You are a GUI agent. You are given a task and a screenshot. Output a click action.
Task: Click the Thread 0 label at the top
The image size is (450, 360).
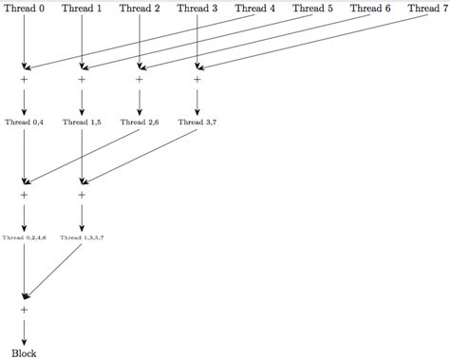point(24,9)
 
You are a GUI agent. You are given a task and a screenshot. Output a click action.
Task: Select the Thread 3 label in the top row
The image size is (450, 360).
point(197,9)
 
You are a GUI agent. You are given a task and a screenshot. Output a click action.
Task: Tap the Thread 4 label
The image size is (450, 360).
point(255,9)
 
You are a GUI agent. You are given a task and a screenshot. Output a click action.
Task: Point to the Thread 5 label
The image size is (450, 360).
point(313,9)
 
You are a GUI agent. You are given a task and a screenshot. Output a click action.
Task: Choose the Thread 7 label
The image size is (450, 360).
point(428,9)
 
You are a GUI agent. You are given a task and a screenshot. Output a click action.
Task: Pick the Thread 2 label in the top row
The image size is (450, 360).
point(140,9)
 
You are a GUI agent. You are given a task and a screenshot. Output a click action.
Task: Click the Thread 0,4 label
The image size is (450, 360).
point(24,123)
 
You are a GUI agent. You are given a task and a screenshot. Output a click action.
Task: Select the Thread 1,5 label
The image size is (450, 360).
point(82,123)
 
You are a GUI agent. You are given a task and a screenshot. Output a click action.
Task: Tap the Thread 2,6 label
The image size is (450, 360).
point(140,123)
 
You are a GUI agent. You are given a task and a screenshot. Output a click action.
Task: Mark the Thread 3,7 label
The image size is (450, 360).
point(197,123)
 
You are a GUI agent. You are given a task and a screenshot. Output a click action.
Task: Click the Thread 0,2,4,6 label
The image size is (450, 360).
point(24,237)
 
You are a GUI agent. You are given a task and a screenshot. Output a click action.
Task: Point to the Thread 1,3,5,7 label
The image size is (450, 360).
point(82,237)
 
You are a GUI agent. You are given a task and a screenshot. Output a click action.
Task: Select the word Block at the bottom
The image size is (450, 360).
point(24,352)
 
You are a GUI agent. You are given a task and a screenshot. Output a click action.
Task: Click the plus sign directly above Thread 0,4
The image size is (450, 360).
point(24,80)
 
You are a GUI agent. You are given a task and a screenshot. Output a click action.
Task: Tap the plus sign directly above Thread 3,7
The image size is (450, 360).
point(197,80)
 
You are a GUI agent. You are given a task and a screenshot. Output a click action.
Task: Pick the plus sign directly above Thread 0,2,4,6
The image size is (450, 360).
point(24,195)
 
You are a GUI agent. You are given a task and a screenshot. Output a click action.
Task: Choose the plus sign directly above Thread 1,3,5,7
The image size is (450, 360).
point(82,195)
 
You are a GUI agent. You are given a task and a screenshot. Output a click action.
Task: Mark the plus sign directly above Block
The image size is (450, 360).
point(24,310)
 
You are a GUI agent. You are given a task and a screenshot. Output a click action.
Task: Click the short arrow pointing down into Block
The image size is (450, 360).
point(24,331)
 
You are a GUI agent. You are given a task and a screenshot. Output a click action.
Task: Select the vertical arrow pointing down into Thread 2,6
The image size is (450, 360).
point(140,101)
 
